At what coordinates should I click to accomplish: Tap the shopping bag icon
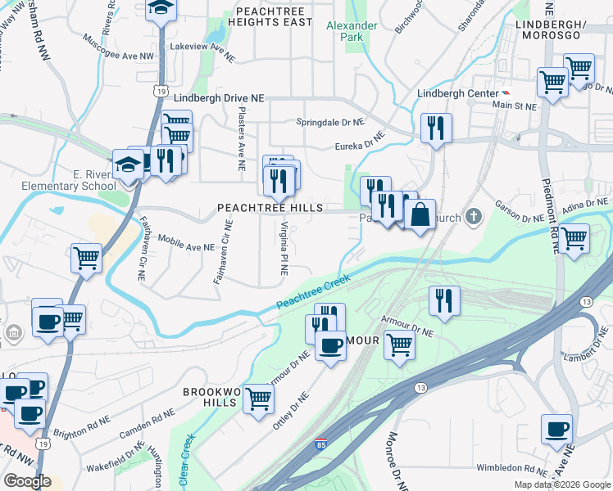click(x=420, y=215)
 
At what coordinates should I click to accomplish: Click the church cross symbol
click(x=472, y=217)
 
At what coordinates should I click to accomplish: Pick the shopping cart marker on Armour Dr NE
click(x=399, y=344)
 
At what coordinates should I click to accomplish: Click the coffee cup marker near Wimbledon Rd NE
click(x=556, y=430)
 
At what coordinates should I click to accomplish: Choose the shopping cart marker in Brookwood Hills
click(x=258, y=399)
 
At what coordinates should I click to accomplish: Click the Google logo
click(x=27, y=481)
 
